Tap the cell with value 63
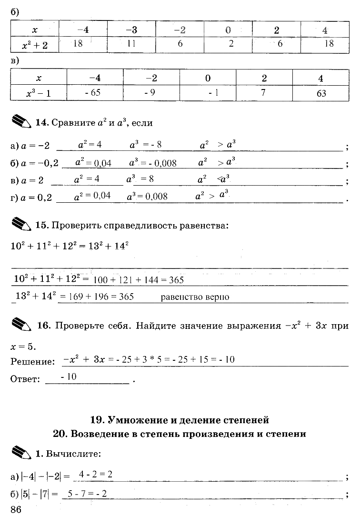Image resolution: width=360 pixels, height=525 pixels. click(321, 93)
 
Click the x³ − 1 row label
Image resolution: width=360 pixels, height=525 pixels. click(38, 93)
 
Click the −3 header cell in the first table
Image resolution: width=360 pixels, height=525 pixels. click(132, 30)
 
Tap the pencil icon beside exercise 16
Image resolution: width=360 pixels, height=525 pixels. click(21, 325)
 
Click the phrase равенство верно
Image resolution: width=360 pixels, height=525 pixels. click(195, 297)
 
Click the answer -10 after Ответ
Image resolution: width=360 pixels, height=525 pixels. click(69, 377)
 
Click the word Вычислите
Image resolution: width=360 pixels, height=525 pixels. click(73, 454)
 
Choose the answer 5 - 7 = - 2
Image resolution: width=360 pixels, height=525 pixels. click(88, 494)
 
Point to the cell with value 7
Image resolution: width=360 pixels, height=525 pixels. click(263, 92)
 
